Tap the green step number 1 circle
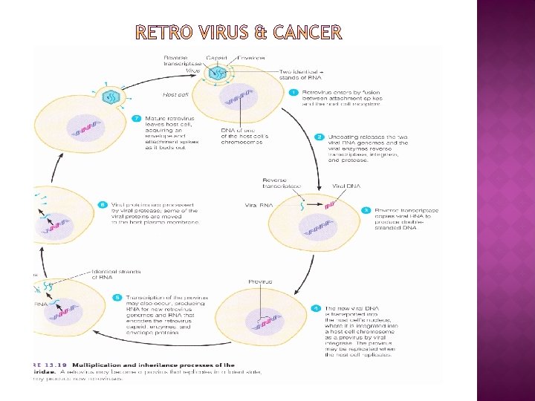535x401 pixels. [294, 92]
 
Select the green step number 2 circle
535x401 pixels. [319, 137]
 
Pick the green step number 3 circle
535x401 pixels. [366, 210]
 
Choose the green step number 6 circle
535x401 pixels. [103, 204]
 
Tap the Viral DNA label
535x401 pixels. [346, 186]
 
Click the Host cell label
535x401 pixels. [175, 94]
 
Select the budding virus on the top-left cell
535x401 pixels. [110, 97]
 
